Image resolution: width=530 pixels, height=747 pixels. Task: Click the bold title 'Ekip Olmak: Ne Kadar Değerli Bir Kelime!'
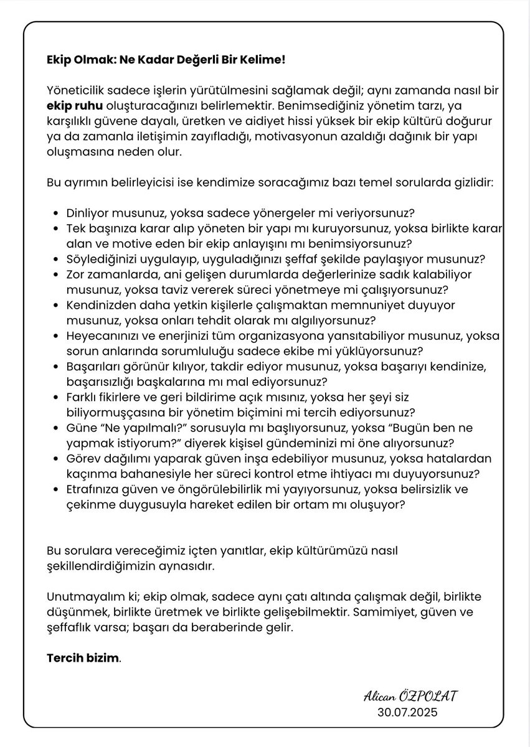166,61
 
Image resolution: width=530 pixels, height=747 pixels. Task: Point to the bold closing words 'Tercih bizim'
82,659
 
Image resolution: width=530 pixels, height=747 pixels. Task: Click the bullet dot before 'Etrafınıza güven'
57,490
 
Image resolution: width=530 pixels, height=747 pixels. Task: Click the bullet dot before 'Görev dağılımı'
57,459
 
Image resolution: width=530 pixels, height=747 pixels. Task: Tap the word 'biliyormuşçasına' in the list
108,412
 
